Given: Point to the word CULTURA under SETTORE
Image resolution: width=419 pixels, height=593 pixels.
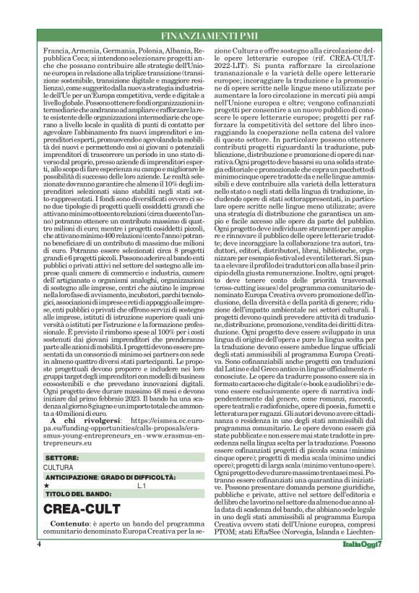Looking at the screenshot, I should [59, 468].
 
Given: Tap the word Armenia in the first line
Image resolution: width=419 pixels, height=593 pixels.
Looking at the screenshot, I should [91, 53].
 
